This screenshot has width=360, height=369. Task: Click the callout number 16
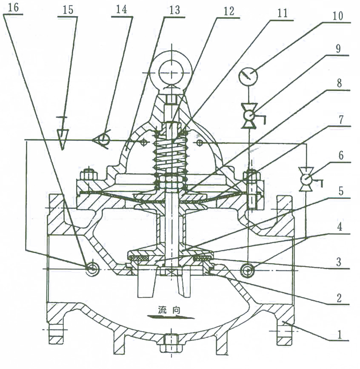13,7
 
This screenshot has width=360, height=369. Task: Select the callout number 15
68,10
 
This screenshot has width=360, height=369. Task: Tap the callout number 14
122,10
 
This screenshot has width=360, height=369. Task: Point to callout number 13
175,10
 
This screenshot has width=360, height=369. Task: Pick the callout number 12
229,11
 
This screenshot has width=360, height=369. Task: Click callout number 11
283,14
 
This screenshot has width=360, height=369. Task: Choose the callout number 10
337,16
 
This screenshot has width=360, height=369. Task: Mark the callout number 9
338,49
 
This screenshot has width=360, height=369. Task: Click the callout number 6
341,156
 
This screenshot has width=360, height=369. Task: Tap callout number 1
340,335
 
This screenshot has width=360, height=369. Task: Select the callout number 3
339,262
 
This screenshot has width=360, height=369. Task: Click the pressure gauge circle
249,76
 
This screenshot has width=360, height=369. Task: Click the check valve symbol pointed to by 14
101,140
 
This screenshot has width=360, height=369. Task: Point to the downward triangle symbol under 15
62,139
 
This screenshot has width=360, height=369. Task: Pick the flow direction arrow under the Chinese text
171,317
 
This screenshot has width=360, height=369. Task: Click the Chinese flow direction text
169,309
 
